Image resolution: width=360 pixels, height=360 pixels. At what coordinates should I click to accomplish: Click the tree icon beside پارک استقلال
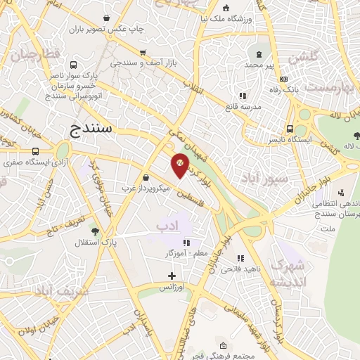pos(95,231)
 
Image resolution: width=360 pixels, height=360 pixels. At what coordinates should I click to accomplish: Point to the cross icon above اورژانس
pos(171,276)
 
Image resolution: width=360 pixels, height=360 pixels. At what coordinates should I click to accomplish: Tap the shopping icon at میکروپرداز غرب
pos(146,177)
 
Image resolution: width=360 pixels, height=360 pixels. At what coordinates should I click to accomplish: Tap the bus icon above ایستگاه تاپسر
pos(290,129)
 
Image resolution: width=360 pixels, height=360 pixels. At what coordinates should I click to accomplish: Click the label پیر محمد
pos(259,65)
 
